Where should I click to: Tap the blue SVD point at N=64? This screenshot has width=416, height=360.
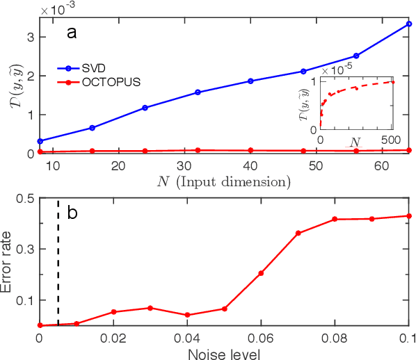point(409,24)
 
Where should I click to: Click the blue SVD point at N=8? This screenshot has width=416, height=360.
point(40,141)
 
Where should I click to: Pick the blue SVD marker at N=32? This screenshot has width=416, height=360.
point(198,92)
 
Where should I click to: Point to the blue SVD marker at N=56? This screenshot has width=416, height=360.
point(356,56)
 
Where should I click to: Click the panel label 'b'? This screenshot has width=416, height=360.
point(71,213)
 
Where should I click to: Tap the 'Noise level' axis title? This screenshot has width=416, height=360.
point(224,354)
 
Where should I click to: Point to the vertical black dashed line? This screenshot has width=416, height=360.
point(58,262)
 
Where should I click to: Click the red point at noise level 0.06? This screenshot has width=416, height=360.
point(261,273)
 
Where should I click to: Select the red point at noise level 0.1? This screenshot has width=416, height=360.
point(409,216)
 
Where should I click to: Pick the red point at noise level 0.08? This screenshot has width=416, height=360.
point(335,219)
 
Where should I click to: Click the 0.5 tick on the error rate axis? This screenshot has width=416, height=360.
point(25,198)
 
